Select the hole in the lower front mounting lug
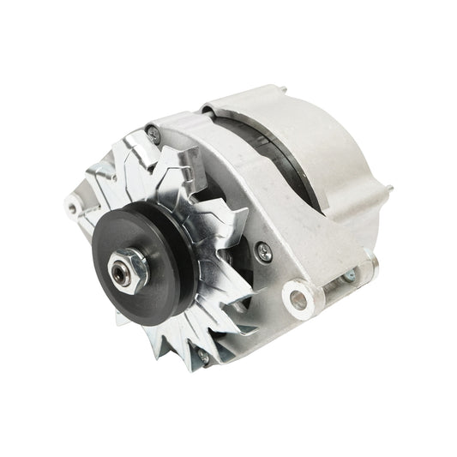[299, 300]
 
